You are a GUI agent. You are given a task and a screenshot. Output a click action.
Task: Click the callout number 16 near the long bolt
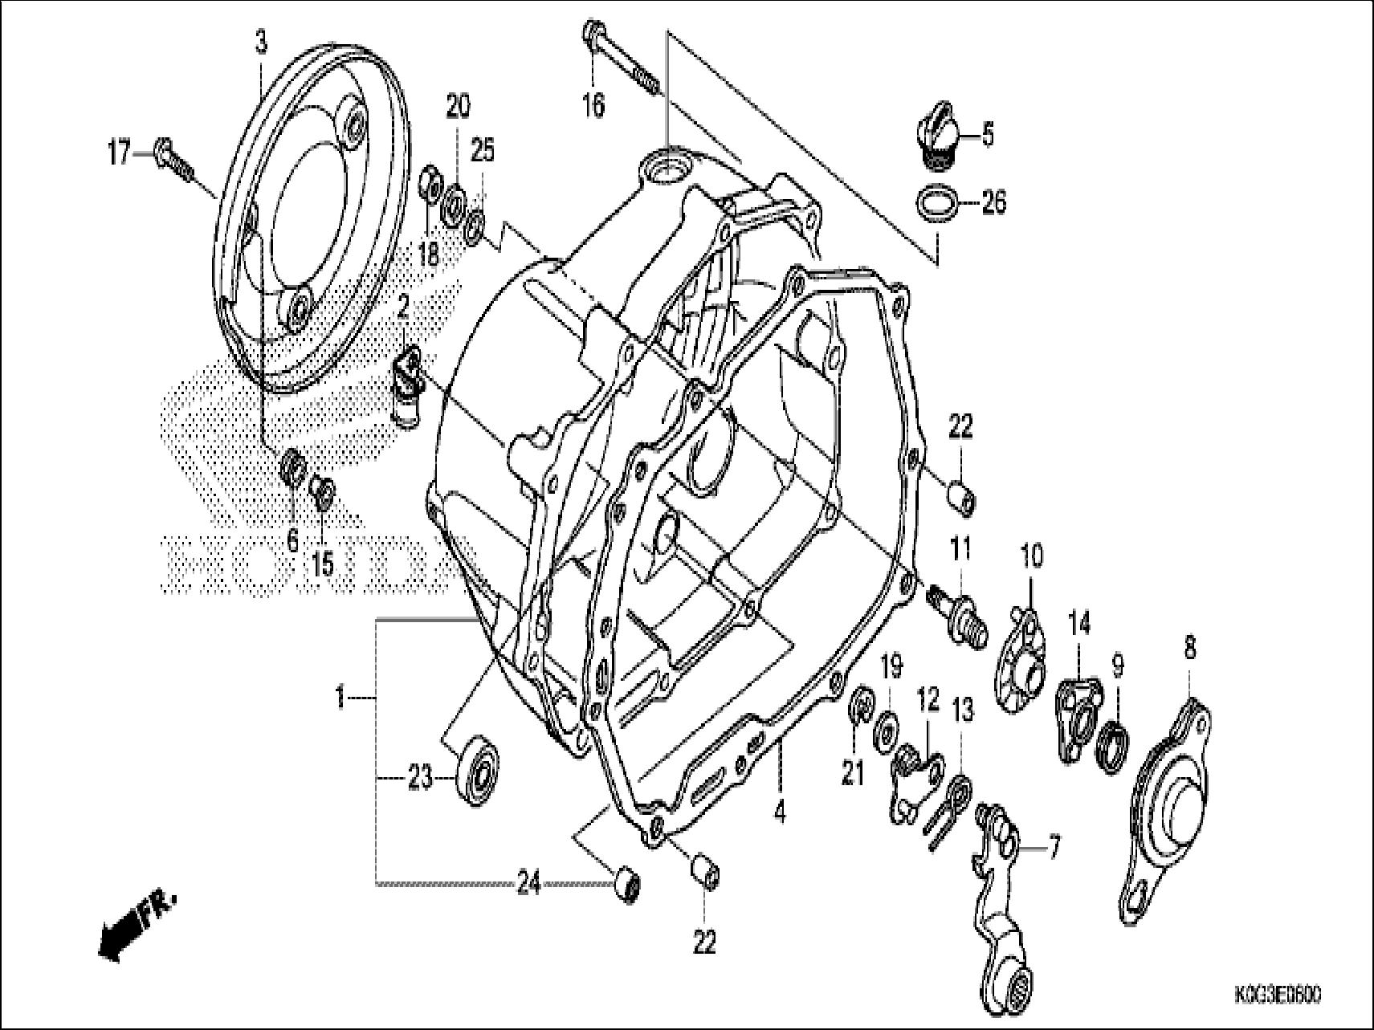pos(593,105)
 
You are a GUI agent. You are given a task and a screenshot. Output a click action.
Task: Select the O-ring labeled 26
pos(937,203)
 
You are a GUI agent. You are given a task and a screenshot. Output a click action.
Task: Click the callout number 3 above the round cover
pos(261,43)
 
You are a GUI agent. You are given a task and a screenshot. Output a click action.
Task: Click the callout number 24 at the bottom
pos(528,887)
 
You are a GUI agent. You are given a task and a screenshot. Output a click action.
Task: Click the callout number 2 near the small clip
pos(402,304)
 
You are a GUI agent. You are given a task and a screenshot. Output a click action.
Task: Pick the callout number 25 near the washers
pos(482,150)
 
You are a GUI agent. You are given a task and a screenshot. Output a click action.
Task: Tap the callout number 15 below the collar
pos(322,564)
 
